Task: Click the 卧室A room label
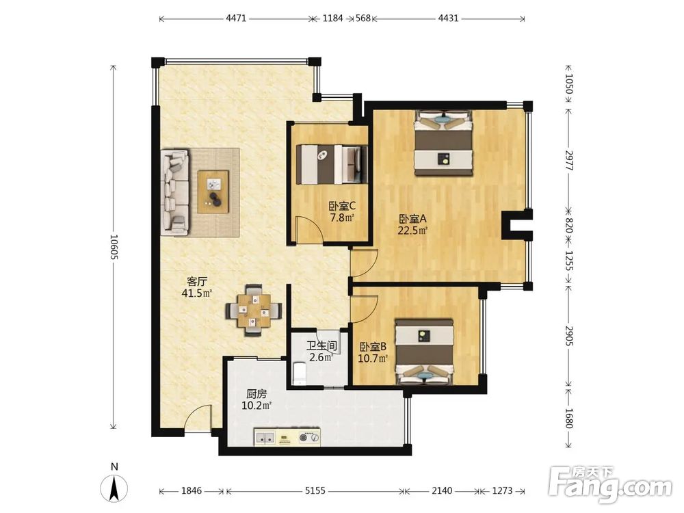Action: coord(412,224)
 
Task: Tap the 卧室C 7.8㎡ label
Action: coord(342,211)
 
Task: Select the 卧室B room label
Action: coord(373,352)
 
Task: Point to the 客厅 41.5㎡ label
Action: coord(197,287)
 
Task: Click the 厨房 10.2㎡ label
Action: coord(256,399)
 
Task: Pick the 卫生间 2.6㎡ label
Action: coord(321,352)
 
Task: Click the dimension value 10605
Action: coord(114,247)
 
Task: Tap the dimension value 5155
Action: coord(315,490)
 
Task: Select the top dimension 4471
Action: coord(236,18)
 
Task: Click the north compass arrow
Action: coord(114,488)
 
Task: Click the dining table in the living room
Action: coord(254,311)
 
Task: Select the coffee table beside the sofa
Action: coord(213,192)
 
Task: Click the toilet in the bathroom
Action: coord(300,374)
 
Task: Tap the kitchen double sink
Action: coord(265,437)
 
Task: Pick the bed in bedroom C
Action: coord(332,164)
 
